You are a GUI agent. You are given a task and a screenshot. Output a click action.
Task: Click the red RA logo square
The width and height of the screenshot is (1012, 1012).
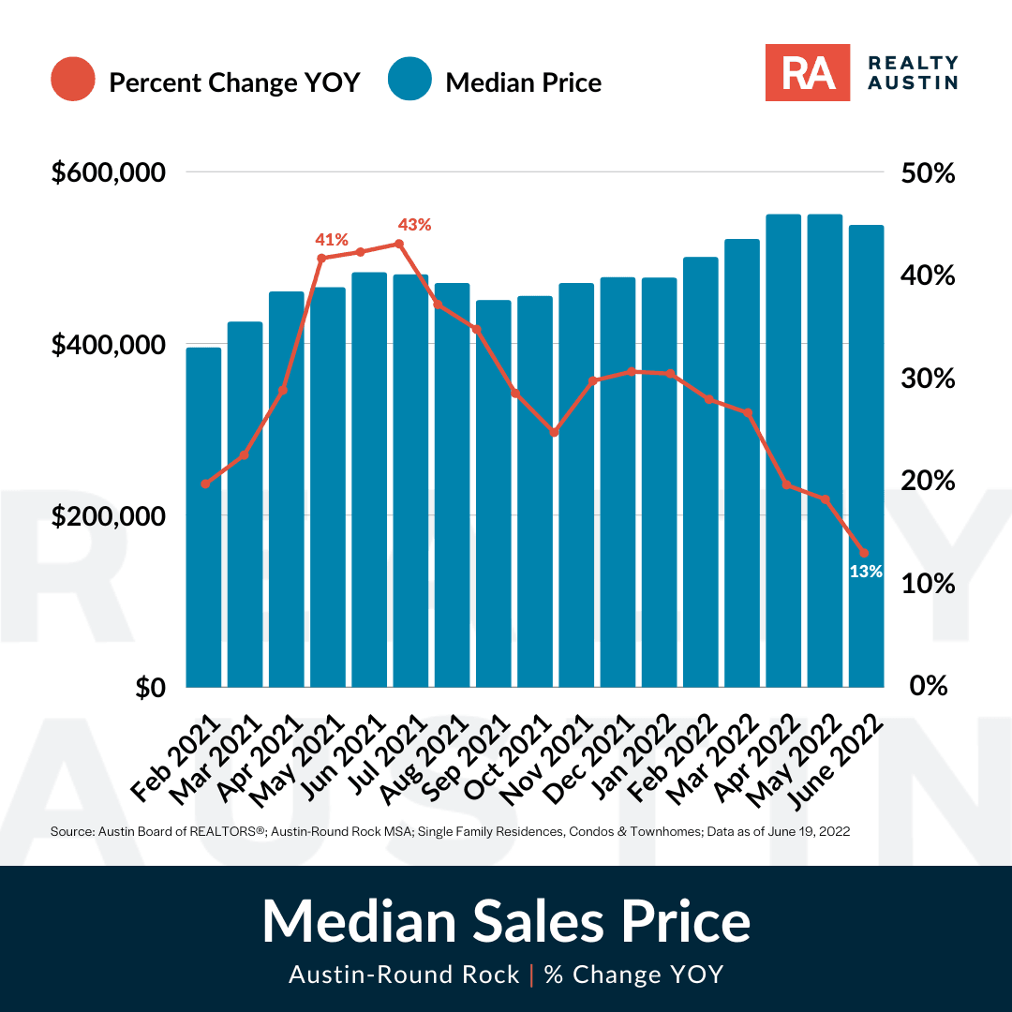click(808, 72)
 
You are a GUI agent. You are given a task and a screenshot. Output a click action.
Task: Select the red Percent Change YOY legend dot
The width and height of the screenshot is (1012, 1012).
click(73, 79)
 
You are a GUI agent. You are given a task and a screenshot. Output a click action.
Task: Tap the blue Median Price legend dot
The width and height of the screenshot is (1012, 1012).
click(409, 79)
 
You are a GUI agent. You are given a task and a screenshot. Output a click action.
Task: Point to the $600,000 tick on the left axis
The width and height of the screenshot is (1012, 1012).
click(109, 172)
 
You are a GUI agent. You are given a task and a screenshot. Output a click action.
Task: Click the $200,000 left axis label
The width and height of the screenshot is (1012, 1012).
click(109, 516)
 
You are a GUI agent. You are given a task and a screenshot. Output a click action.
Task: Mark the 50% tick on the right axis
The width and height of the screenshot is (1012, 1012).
click(928, 173)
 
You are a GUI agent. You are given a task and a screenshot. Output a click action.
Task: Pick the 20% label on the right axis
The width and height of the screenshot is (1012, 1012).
click(928, 481)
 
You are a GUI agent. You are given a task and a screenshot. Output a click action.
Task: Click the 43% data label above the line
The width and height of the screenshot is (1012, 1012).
click(414, 225)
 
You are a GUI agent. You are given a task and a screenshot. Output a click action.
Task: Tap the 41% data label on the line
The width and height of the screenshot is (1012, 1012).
click(332, 240)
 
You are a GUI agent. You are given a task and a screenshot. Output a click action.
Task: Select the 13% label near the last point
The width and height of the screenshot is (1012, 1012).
click(866, 572)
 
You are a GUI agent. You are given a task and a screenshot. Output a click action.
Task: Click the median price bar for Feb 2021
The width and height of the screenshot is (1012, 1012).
click(204, 517)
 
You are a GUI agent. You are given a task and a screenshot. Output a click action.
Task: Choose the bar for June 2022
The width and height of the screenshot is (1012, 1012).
click(866, 456)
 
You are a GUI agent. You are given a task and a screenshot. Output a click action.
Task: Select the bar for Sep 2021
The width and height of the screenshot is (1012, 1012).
click(494, 494)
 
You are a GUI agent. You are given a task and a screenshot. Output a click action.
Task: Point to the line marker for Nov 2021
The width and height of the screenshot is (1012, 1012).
click(554, 432)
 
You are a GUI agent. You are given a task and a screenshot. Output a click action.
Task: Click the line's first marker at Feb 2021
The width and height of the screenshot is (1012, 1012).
click(205, 484)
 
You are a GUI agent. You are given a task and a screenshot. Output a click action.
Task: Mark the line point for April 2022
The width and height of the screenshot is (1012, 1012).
click(787, 484)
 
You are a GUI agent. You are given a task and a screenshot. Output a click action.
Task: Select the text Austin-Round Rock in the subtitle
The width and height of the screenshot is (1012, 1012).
click(404, 974)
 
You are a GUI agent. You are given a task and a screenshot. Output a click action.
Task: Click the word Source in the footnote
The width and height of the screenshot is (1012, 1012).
click(72, 831)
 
